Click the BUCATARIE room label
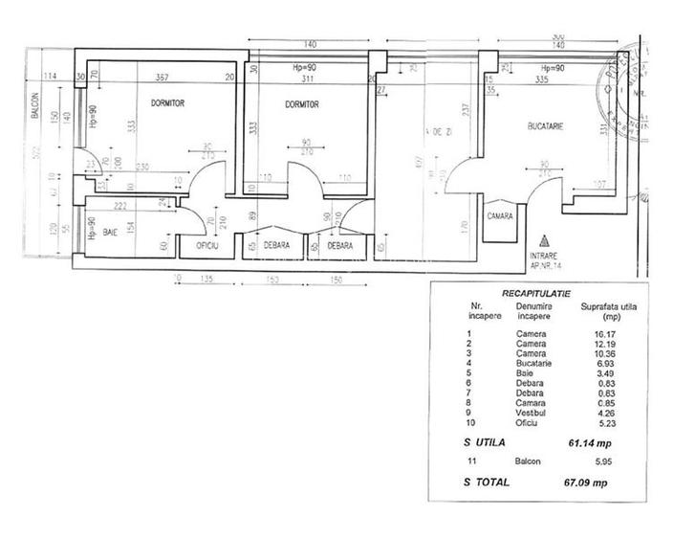point(547,126)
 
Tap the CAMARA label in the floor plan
point(499,216)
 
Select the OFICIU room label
point(208,245)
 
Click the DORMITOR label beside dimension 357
point(166,102)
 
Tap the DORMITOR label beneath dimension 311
point(300,104)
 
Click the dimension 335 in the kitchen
point(542,80)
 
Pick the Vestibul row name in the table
point(531,414)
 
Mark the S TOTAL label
point(486,482)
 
